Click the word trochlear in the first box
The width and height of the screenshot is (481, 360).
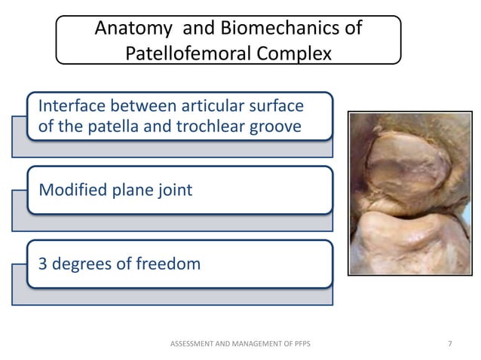207,126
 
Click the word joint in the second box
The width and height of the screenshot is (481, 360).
173,190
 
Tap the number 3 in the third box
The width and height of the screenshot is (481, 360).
43,264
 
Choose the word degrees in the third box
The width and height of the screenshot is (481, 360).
82,264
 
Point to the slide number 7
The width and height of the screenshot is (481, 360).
450,344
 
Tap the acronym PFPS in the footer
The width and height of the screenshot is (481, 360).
302,344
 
